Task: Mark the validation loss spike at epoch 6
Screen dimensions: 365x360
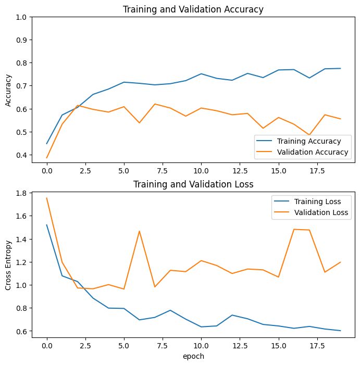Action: tap(139, 231)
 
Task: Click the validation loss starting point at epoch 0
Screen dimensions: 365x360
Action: tap(47, 198)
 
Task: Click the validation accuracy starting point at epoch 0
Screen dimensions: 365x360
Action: tap(47, 158)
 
